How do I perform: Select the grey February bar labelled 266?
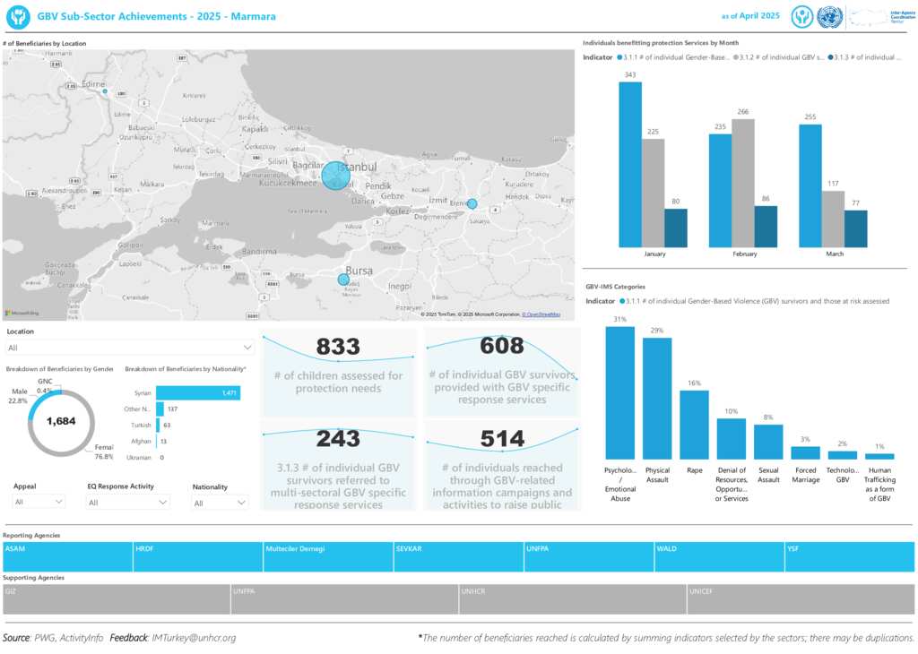coord(743,183)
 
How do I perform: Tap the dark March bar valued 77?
coord(856,228)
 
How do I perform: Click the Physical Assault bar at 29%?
coord(657,398)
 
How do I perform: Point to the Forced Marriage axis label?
coord(805,474)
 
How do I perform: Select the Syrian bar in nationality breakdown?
coord(198,392)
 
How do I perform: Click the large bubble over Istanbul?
coord(336,176)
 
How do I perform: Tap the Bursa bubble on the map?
coord(343,280)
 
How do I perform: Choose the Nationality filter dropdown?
coord(220,503)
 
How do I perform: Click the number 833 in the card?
coord(338,348)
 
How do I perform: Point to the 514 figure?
coord(502,439)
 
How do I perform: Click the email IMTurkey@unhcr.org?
coord(194,638)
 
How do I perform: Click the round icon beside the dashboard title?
coord(18,16)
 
